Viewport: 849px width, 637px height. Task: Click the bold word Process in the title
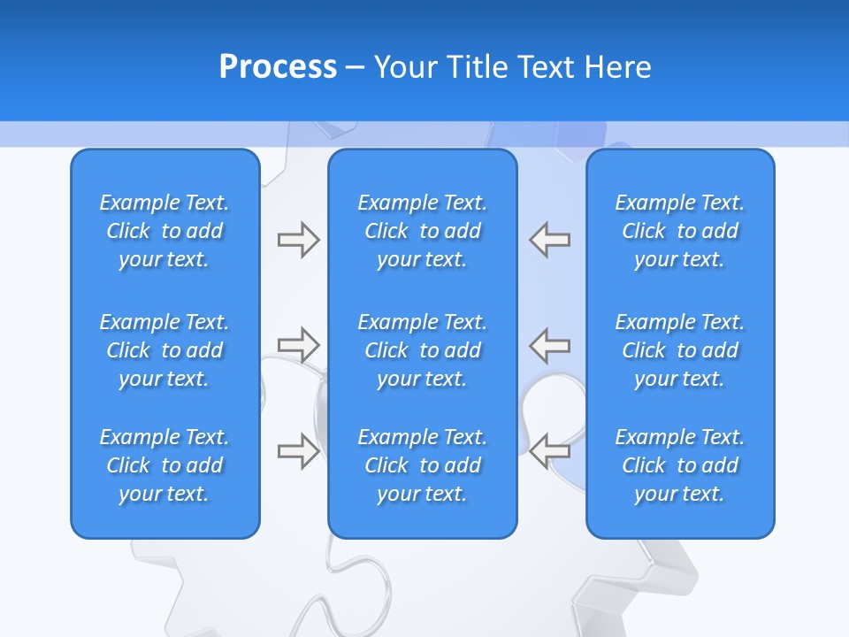[x=278, y=67]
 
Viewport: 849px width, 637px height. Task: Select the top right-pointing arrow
[x=298, y=240]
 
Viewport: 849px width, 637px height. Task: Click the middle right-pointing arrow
[x=298, y=344]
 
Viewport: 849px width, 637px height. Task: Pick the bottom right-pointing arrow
[x=298, y=450]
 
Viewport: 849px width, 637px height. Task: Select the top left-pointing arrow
[x=550, y=240]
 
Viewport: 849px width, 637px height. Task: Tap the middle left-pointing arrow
[x=550, y=344]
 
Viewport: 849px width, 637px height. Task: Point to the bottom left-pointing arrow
[x=550, y=450]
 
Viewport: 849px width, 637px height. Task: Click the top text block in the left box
[x=164, y=231]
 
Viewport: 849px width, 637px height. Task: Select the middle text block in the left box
[x=164, y=350]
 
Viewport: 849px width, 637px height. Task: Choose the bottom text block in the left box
[x=164, y=465]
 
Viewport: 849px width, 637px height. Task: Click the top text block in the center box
[x=422, y=231]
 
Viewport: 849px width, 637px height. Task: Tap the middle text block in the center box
[x=422, y=350]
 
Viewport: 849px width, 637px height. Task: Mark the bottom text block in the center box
[x=422, y=465]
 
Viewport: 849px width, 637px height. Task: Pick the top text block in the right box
[x=680, y=231]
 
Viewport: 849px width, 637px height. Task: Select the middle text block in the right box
[x=680, y=350]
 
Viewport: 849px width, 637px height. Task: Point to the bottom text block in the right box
[x=680, y=465]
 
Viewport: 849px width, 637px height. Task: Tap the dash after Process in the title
[x=356, y=68]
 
